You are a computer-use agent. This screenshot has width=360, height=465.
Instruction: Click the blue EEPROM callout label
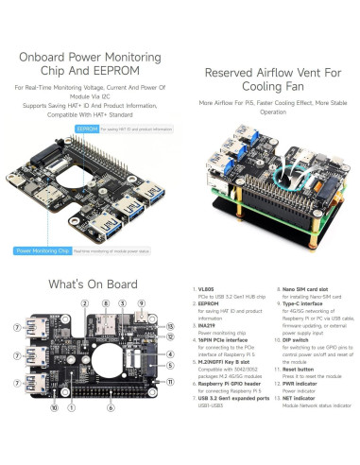click(87, 126)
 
